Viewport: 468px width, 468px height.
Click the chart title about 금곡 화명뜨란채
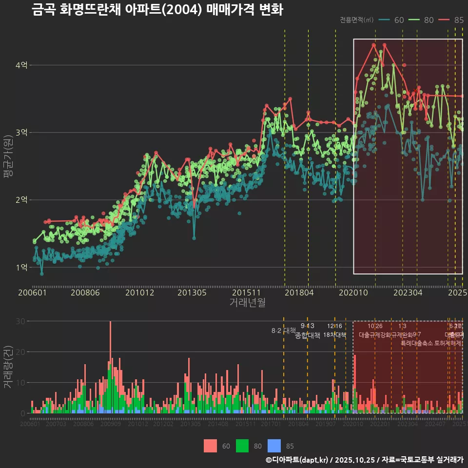coord(157,10)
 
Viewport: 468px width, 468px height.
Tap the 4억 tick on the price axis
coord(21,65)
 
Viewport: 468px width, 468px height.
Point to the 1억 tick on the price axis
coord(21,267)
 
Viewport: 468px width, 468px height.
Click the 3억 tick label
coord(21,133)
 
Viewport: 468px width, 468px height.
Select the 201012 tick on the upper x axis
coord(140,293)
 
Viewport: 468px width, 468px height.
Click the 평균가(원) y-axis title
coord(8,161)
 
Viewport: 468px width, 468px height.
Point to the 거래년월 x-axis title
coord(247,303)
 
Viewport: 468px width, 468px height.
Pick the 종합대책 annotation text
coord(308,335)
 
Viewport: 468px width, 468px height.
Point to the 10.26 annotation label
coord(375,326)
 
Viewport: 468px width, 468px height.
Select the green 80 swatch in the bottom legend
coord(243,446)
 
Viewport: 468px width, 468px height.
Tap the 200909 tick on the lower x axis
coord(111,424)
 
